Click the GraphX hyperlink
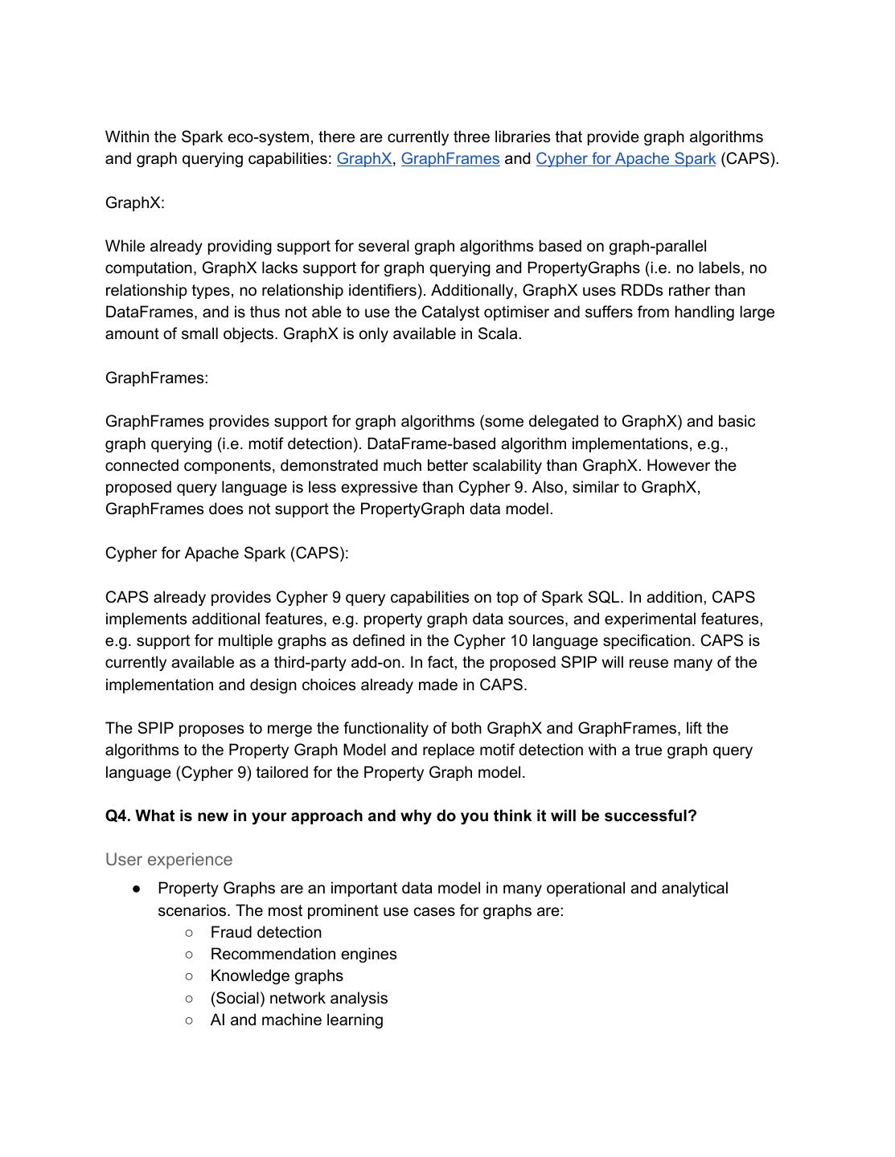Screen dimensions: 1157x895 tap(363, 159)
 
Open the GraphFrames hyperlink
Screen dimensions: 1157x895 tap(450, 159)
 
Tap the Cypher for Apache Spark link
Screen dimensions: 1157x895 tap(625, 159)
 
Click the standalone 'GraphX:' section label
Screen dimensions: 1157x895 tap(135, 202)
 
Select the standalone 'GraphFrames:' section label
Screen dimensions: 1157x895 tap(157, 378)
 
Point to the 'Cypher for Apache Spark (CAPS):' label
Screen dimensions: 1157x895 tap(227, 554)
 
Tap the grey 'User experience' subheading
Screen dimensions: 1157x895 tap(169, 860)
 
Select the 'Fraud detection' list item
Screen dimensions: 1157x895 tap(266, 933)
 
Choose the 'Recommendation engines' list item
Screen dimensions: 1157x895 tap(303, 955)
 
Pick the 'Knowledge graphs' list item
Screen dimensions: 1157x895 tap(277, 976)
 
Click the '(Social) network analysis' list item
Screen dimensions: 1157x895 tap(299, 999)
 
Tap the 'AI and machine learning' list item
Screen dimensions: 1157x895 tap(297, 1020)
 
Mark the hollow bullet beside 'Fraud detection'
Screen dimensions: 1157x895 tap(189, 933)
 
